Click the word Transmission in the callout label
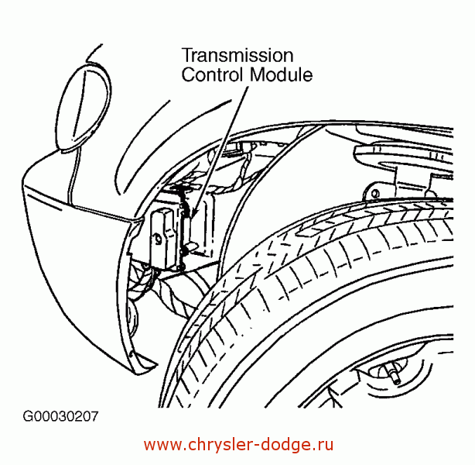point(237,56)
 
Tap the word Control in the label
point(212,74)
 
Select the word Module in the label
point(281,74)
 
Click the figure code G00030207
point(61,416)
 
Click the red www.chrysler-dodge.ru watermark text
point(238,445)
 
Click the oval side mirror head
point(84,107)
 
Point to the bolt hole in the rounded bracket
point(375,193)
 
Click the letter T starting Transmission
point(187,56)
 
